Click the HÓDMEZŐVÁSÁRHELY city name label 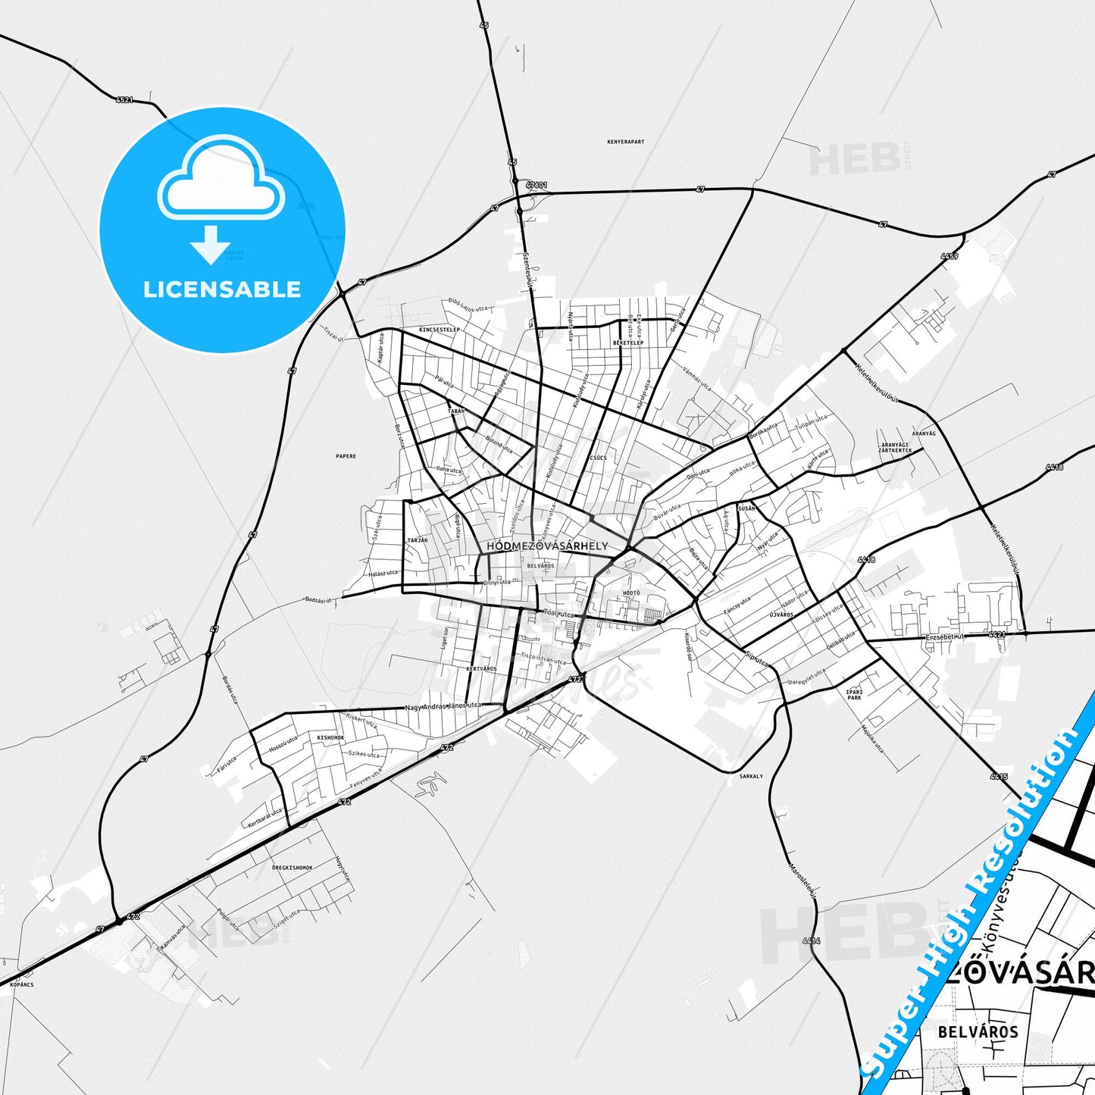click(547, 546)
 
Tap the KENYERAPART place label click(626, 142)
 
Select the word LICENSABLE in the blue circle click(222, 289)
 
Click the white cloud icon click(221, 180)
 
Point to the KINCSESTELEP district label click(440, 330)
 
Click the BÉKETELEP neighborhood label click(628, 343)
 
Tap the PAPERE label click(346, 456)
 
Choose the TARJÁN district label click(418, 540)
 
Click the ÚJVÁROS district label click(781, 615)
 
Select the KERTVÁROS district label click(481, 669)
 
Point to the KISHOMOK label click(330, 737)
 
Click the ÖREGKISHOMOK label click(293, 868)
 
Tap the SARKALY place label click(751, 777)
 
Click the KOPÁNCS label click(22, 985)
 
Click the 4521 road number click(124, 99)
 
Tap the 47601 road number click(536, 185)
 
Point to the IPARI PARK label click(854, 694)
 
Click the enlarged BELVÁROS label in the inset click(978, 1032)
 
